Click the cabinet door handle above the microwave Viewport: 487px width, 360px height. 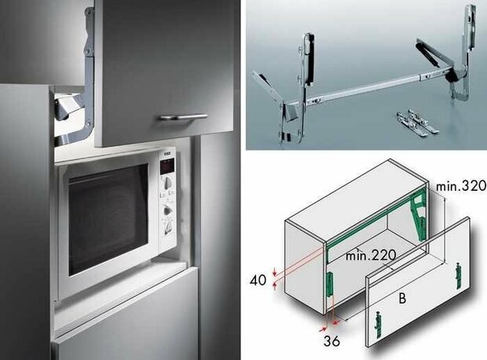coord(181,117)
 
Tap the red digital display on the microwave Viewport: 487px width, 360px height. coord(167,166)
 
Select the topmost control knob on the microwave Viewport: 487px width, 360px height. coord(167,189)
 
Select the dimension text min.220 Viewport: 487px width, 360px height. coord(368,255)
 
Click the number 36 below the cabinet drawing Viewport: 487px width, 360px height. coord(331,343)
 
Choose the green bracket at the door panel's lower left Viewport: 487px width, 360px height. coord(380,321)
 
